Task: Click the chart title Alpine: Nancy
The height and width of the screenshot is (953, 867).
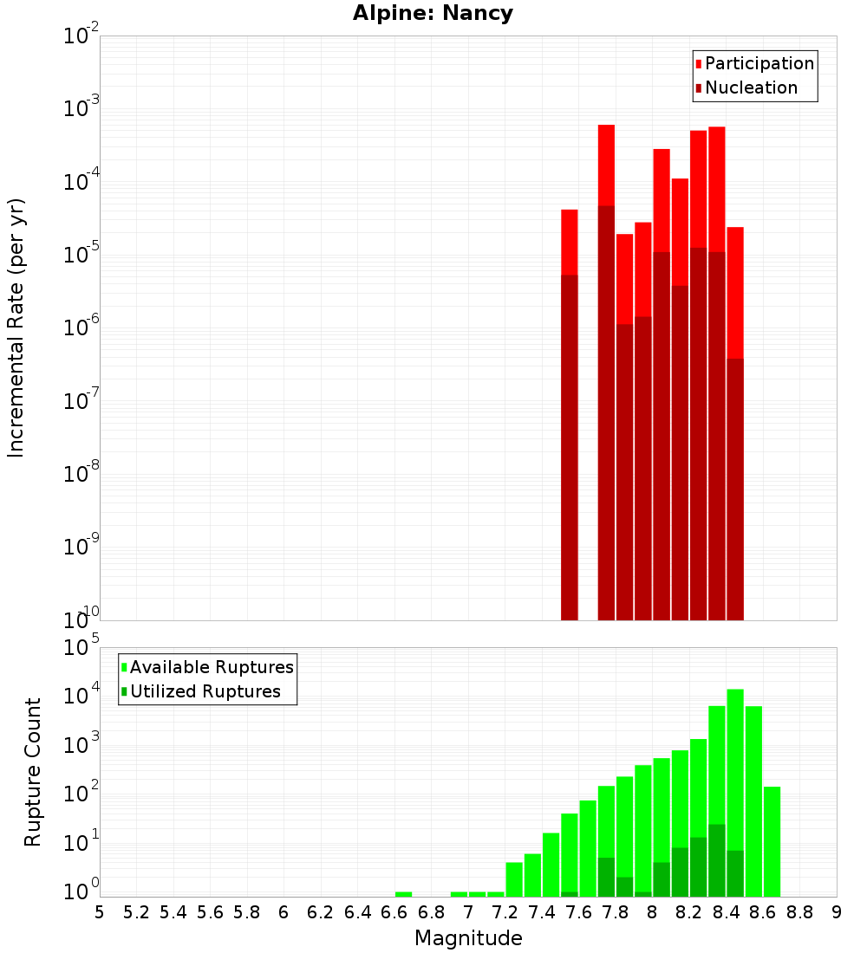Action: (x=433, y=14)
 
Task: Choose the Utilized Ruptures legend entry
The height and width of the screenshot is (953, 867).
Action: (x=205, y=691)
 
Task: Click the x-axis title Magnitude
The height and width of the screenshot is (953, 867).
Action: (x=468, y=938)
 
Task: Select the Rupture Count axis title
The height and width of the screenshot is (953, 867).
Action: (x=33, y=772)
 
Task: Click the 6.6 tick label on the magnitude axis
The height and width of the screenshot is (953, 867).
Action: (x=394, y=912)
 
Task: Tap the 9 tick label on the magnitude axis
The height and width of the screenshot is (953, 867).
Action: (x=836, y=912)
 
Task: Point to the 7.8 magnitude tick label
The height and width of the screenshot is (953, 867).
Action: (x=616, y=912)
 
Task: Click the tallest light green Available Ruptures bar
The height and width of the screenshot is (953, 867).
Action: (x=735, y=780)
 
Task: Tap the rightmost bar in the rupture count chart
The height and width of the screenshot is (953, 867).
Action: (x=772, y=840)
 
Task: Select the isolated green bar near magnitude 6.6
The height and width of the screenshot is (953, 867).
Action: (x=403, y=894)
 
